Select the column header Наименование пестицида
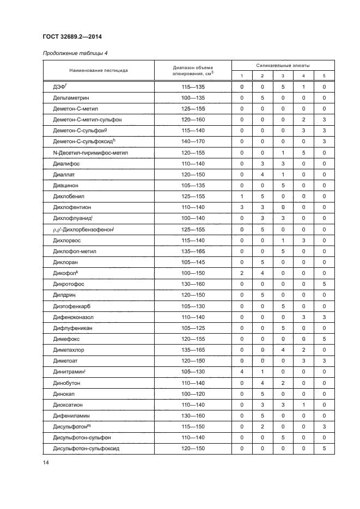click(x=98, y=70)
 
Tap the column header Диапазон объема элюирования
click(x=193, y=70)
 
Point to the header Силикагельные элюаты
click(x=283, y=65)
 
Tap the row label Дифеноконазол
click(x=74, y=317)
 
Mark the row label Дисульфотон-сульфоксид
click(x=86, y=449)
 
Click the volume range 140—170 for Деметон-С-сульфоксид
click(x=193, y=142)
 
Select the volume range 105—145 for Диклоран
click(x=193, y=262)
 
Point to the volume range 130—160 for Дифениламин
click(x=193, y=416)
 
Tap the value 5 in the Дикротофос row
click(x=324, y=284)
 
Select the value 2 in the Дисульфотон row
click(x=262, y=427)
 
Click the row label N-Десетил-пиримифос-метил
click(x=87, y=153)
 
